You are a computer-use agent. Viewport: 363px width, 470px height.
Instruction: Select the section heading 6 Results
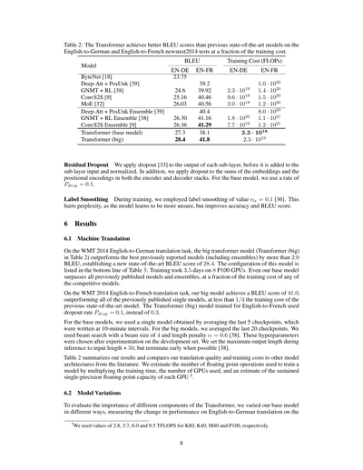[x=74, y=247]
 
